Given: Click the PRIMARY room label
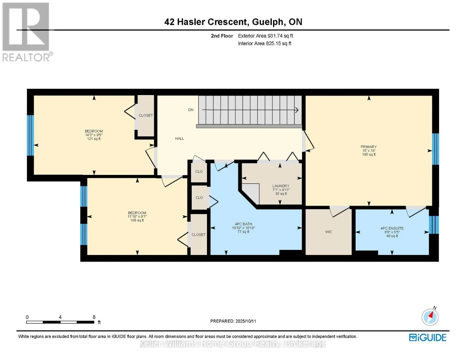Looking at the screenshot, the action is (368, 147).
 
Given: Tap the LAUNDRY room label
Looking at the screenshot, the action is (281, 186).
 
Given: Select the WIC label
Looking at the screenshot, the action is (329, 232).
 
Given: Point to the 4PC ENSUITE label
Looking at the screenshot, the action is (392, 228).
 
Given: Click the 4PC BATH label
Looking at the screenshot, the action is (243, 224).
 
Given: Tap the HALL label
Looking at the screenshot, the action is (179, 139).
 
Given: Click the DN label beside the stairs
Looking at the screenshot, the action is (191, 110).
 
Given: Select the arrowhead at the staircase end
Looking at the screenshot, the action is (296, 110).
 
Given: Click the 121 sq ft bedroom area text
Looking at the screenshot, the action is (94, 139).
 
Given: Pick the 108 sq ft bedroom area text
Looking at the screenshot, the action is (137, 220).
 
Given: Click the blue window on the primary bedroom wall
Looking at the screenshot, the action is (435, 149).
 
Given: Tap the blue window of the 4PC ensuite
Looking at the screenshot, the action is (434, 225).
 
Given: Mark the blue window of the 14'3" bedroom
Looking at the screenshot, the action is (30, 136).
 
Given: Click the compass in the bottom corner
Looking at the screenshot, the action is (430, 317).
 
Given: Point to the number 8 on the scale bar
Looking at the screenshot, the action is (94, 317).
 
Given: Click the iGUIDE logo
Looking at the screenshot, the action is (427, 337).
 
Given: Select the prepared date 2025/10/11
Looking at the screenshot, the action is (246, 321).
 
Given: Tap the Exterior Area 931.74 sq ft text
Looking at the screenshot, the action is (266, 36).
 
